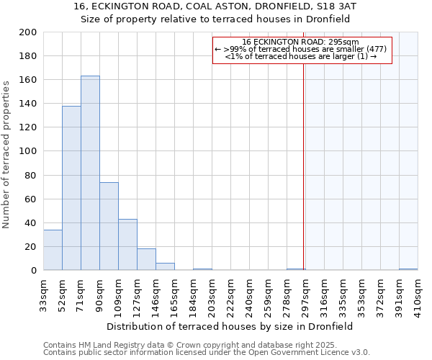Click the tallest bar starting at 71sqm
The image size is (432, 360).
pyautogui.click(x=90, y=173)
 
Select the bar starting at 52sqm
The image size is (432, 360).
pyautogui.click(x=71, y=188)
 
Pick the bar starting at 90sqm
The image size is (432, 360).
pyautogui.click(x=109, y=226)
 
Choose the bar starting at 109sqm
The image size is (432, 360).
pyautogui.click(x=127, y=244)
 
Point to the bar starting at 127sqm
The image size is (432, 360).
pyautogui.click(x=146, y=259)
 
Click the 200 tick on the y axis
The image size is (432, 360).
pyautogui.click(x=28, y=32)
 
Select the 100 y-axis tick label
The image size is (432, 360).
pyautogui.click(x=28, y=151)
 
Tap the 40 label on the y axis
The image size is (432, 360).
pyautogui.click(x=31, y=222)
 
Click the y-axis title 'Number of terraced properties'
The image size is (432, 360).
pyautogui.click(x=6, y=154)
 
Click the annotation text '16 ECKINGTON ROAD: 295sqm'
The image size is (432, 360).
pyautogui.click(x=301, y=42)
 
